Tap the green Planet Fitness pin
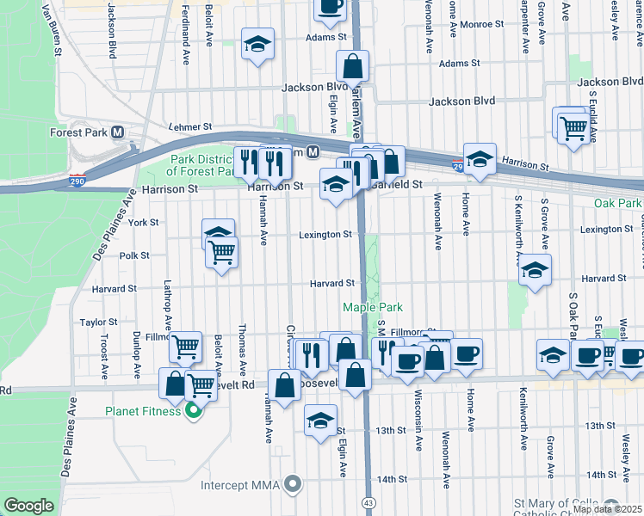point(194,411)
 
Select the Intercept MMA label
point(241,485)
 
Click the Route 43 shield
point(369,501)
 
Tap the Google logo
point(28,506)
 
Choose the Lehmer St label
point(190,126)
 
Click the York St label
point(142,222)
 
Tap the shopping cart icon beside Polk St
point(222,252)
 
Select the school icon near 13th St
point(320,421)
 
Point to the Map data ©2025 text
point(607,509)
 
